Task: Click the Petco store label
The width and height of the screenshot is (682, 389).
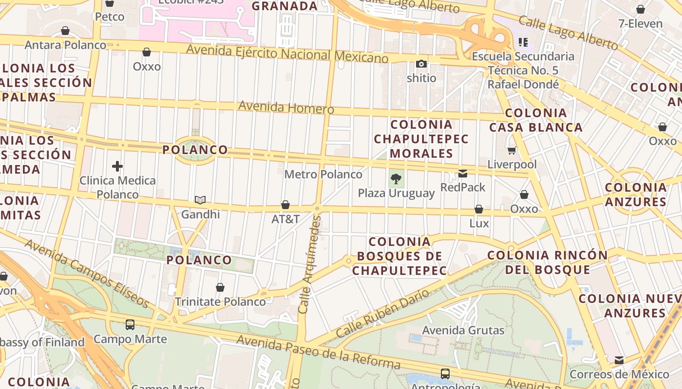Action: click(x=110, y=17)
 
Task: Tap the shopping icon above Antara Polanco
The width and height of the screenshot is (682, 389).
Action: click(x=65, y=31)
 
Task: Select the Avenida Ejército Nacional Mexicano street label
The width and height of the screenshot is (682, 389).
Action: click(x=287, y=53)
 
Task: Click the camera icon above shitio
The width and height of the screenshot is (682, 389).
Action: click(x=421, y=64)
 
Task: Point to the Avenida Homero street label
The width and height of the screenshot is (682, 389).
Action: click(x=286, y=107)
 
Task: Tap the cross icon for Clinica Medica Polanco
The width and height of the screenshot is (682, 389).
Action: click(x=117, y=166)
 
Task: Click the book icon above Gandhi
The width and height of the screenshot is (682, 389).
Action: click(x=200, y=200)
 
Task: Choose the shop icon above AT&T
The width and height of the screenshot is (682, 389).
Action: click(x=285, y=205)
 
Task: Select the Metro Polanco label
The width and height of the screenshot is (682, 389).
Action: click(x=323, y=174)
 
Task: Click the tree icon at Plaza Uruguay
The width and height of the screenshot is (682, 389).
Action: click(x=397, y=178)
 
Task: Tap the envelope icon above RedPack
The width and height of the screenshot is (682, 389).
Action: click(x=463, y=173)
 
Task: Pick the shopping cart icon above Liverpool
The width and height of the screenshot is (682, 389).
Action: click(x=511, y=150)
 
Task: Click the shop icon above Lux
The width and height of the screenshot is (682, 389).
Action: click(x=479, y=210)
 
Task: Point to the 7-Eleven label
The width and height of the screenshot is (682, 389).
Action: click(x=640, y=23)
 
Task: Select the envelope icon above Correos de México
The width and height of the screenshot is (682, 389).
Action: click(x=619, y=360)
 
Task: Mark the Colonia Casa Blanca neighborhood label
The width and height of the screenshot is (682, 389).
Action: click(x=536, y=120)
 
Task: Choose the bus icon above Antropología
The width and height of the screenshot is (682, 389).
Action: click(x=445, y=373)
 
